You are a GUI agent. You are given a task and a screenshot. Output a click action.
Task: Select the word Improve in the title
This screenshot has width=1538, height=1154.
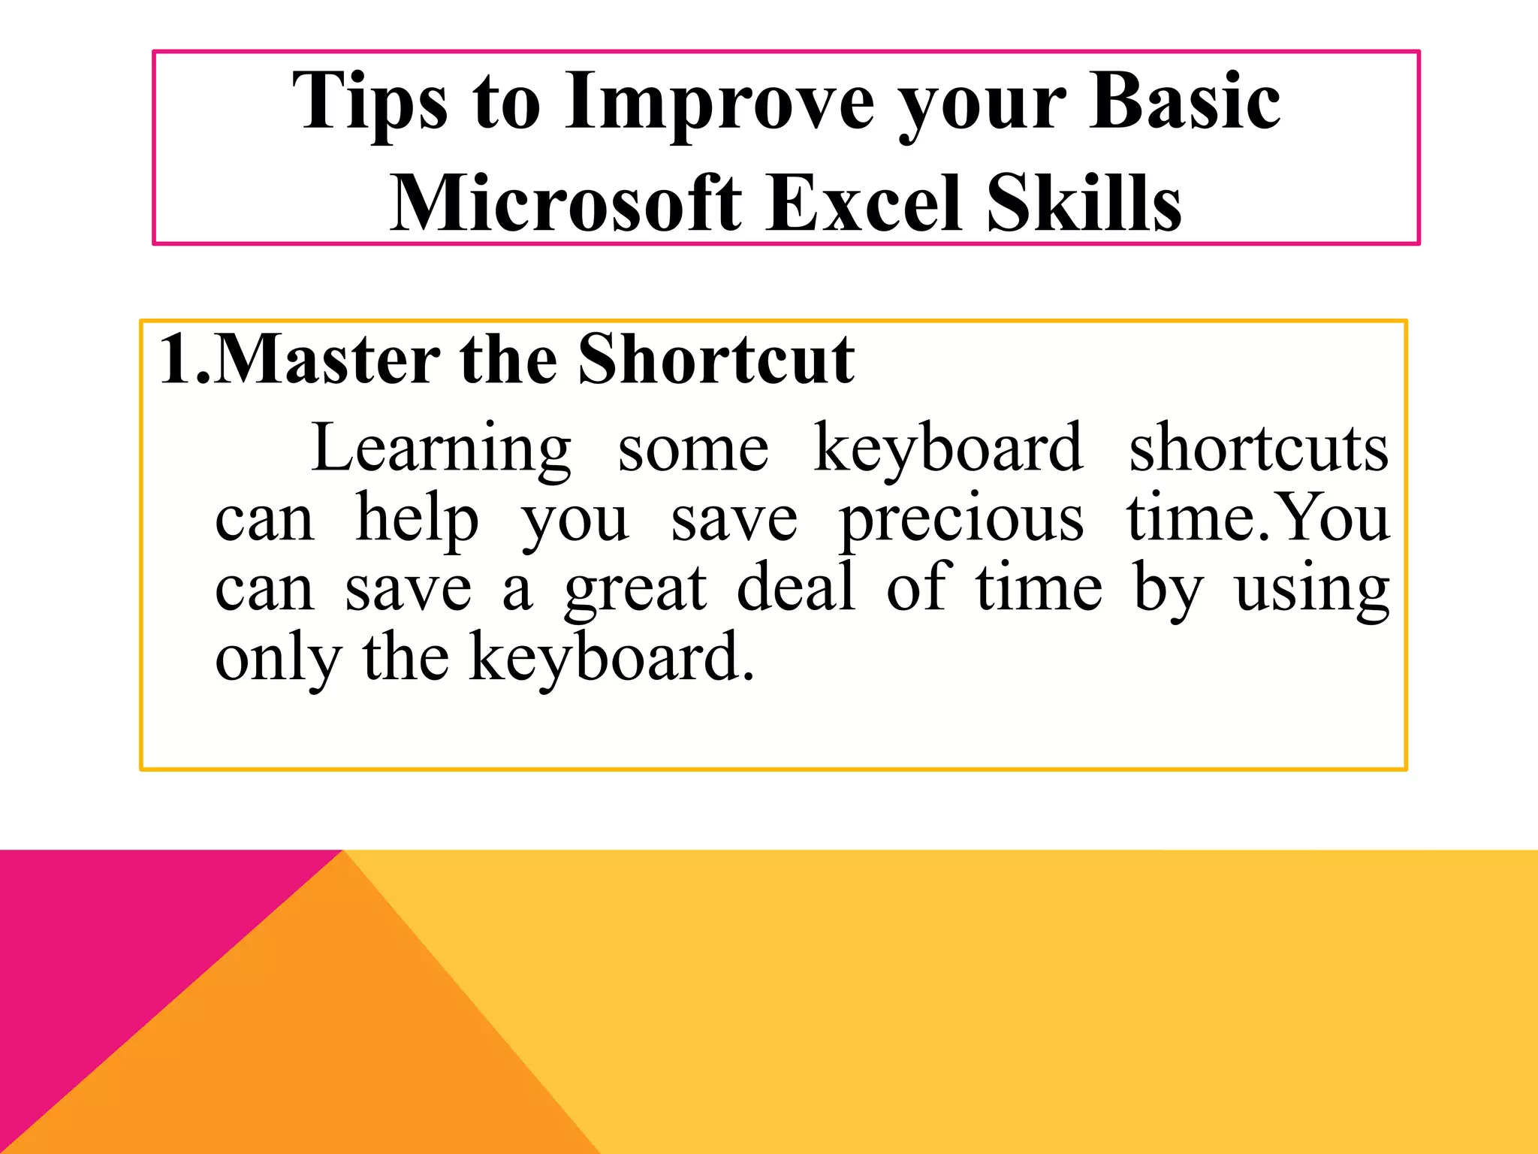(719, 102)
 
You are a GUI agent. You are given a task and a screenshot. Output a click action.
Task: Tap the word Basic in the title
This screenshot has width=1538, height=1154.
(1184, 101)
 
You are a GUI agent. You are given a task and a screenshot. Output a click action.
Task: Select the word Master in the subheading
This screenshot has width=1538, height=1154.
(327, 359)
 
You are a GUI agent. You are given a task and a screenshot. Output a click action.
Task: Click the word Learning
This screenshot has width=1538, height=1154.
(441, 449)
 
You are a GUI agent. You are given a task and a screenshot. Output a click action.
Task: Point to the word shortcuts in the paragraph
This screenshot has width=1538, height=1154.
(1259, 449)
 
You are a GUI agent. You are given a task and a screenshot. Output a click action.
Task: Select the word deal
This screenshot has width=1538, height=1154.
(796, 588)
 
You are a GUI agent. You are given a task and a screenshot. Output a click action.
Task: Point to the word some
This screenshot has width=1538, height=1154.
(693, 449)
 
